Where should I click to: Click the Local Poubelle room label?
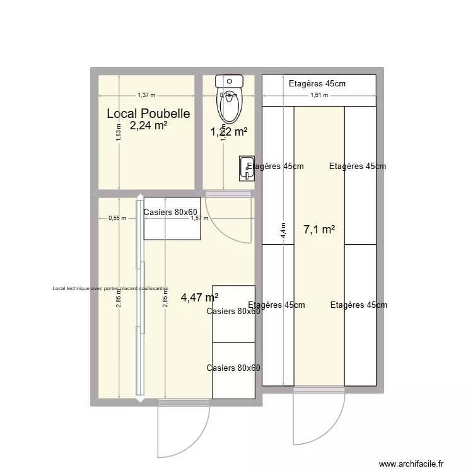148,114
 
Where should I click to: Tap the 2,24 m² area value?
148,126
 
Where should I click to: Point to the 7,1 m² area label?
319,230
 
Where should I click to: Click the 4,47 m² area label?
199,298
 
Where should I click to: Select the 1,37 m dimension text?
146,95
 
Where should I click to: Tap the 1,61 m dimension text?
319,95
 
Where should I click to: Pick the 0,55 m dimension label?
117,218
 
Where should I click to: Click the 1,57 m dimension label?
200,218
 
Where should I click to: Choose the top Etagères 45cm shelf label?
317,83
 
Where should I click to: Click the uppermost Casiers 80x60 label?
171,212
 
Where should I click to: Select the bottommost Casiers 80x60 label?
233,368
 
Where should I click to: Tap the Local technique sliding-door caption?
111,289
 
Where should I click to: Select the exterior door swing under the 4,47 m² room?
184,429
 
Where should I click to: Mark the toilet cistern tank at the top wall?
229,80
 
